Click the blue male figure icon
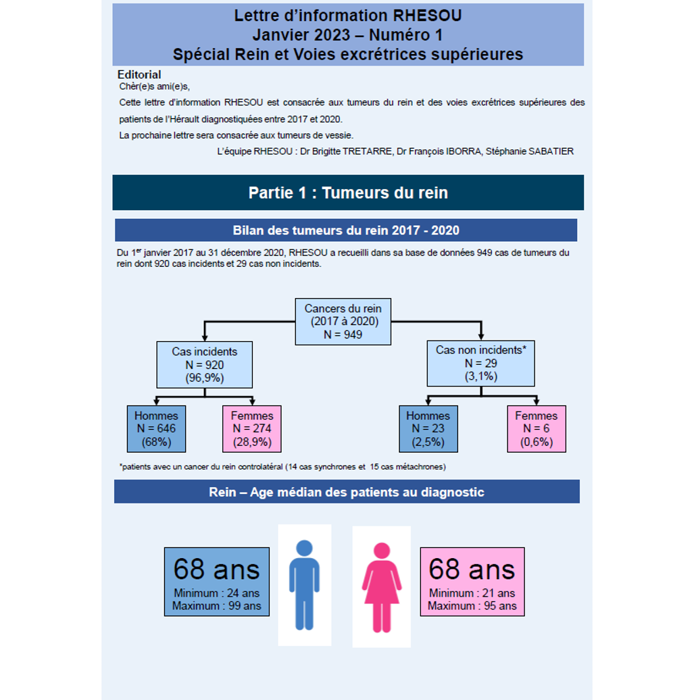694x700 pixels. pyautogui.click(x=304, y=585)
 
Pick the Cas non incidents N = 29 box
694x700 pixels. pyautogui.click(x=480, y=363)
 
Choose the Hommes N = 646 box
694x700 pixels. pyautogui.click(x=156, y=428)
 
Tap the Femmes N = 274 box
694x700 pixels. pyautogui.click(x=252, y=428)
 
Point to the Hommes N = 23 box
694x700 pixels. pyautogui.click(x=428, y=428)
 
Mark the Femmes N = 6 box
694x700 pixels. pyautogui.click(x=537, y=428)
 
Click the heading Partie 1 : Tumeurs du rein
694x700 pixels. pyautogui.click(x=348, y=193)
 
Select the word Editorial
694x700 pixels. pyautogui.click(x=139, y=74)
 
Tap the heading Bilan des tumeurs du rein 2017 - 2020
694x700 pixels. pyautogui.click(x=346, y=230)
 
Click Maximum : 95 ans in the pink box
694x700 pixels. pyautogui.click(x=472, y=606)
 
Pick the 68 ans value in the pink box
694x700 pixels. pyautogui.click(x=472, y=570)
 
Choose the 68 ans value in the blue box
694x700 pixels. pyautogui.click(x=216, y=570)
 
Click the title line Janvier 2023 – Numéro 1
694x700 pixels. pyautogui.click(x=348, y=34)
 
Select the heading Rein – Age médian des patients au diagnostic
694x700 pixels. pyautogui.click(x=347, y=492)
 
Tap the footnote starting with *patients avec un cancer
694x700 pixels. pyautogui.click(x=282, y=467)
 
